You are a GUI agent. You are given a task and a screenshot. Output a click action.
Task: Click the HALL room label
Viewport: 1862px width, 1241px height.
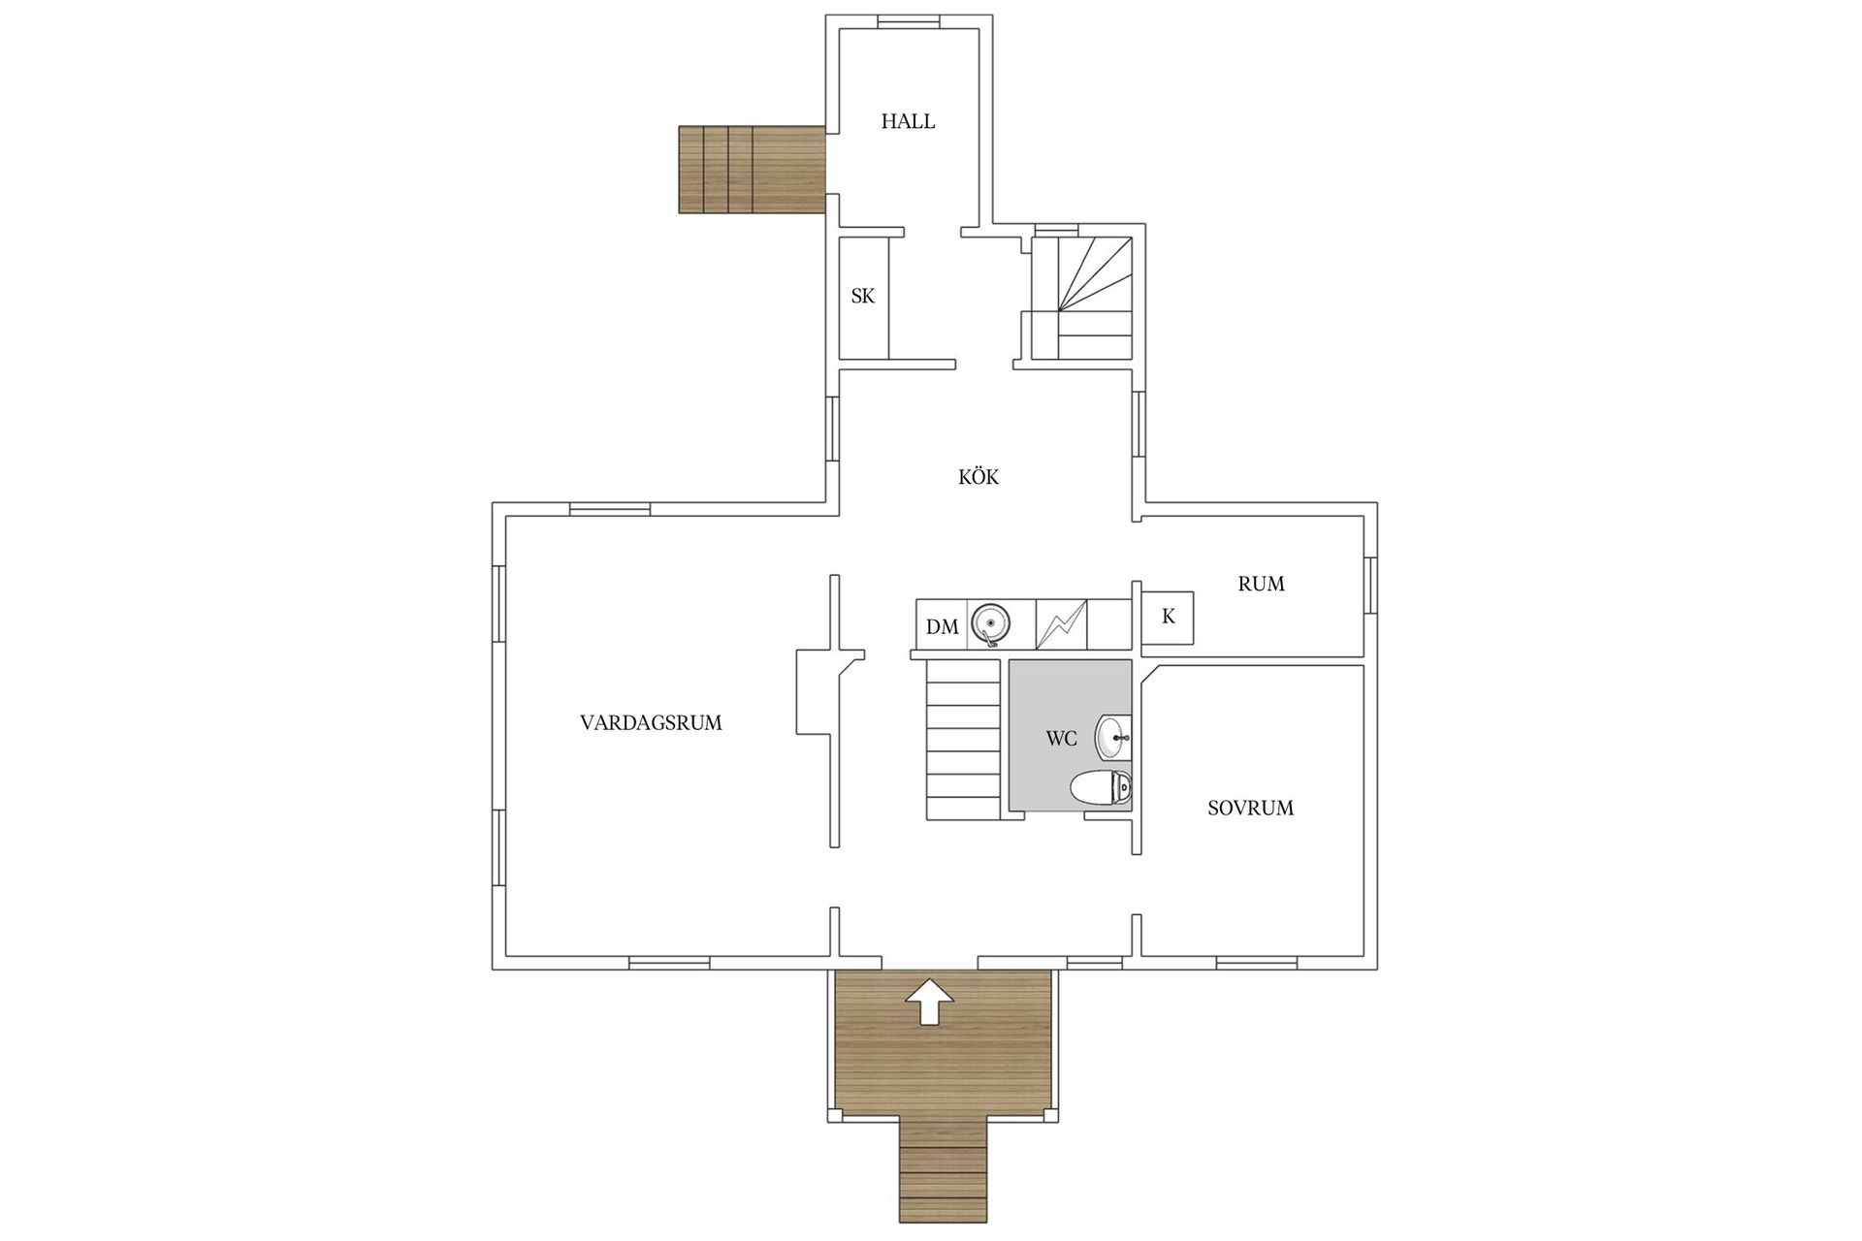pos(908,122)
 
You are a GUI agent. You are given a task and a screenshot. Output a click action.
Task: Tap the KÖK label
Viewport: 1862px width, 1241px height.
pos(978,477)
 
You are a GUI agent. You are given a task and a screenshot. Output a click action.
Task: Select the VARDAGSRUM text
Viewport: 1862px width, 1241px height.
pos(651,723)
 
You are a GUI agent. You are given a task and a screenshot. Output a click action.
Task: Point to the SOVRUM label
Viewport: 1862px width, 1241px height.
pos(1250,809)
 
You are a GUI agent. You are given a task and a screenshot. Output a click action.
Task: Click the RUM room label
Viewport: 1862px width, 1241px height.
pos(1261,584)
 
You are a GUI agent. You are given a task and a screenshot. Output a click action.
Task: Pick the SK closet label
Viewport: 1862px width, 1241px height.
pos(862,297)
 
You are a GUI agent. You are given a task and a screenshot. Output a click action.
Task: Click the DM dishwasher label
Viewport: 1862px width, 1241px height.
pos(942,627)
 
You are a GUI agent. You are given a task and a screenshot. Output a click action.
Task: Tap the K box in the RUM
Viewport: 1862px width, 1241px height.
pos(1168,618)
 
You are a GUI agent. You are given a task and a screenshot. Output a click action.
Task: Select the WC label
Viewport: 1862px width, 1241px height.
pos(1061,739)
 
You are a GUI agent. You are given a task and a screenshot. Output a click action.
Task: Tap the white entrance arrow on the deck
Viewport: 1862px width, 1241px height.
pos(928,1002)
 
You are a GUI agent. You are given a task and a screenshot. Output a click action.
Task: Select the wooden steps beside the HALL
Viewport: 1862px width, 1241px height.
pos(751,170)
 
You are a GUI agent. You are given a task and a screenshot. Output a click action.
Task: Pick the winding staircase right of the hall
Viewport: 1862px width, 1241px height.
pos(1082,296)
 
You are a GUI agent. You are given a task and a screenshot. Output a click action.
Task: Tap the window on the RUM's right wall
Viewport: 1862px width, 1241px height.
pos(1370,585)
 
